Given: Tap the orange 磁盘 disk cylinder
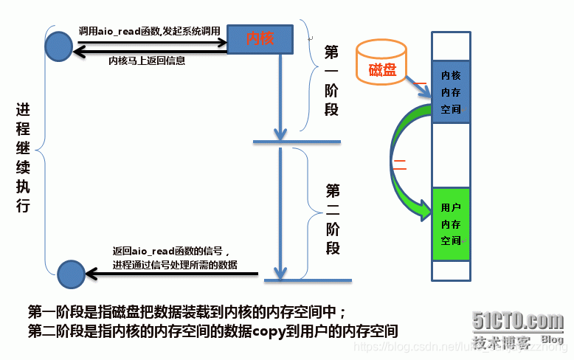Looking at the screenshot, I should click(381, 63).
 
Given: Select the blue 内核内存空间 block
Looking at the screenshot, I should click(451, 92).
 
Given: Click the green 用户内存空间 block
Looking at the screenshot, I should click(451, 223).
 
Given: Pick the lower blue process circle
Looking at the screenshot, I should click(71, 274).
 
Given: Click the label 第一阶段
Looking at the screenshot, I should click(332, 81).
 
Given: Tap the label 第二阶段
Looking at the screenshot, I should click(333, 219).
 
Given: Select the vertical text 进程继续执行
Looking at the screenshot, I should click(23, 158).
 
